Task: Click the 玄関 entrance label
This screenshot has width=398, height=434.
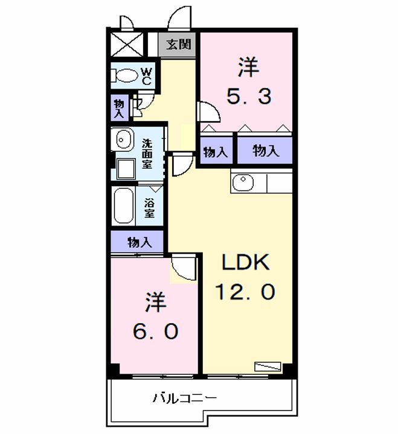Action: click(x=179, y=45)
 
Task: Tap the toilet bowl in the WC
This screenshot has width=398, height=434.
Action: click(x=125, y=76)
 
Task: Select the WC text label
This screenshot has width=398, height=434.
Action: click(x=147, y=77)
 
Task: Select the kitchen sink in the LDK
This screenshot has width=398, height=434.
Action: click(x=244, y=182)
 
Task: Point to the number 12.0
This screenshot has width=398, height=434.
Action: click(x=246, y=292)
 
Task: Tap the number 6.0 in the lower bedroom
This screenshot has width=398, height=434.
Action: click(x=155, y=331)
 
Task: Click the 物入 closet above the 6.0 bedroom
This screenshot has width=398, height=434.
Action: click(x=139, y=242)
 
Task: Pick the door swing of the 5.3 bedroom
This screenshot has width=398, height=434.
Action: click(x=207, y=113)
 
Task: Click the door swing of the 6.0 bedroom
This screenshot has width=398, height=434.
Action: click(x=183, y=267)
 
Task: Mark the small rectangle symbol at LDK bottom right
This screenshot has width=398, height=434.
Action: click(x=268, y=366)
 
